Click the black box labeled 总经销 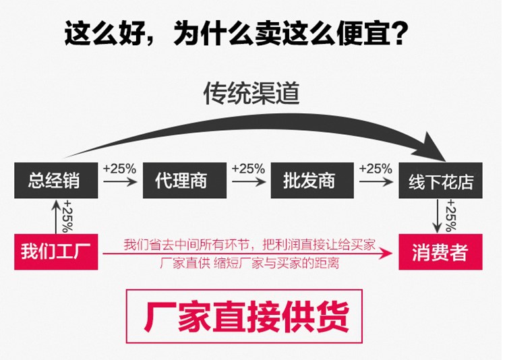[x=53, y=181]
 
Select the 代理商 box [x=180, y=181]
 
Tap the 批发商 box [x=309, y=181]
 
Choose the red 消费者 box [x=440, y=252]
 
